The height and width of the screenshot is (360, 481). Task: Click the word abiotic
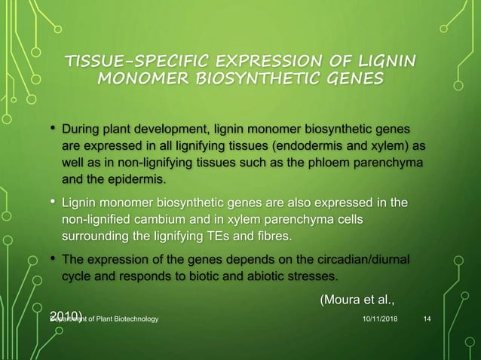click(255, 278)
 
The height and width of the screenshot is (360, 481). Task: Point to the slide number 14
click(427, 320)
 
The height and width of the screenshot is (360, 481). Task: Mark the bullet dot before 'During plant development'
click(52, 124)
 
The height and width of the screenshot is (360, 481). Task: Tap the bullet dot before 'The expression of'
click(52, 259)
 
